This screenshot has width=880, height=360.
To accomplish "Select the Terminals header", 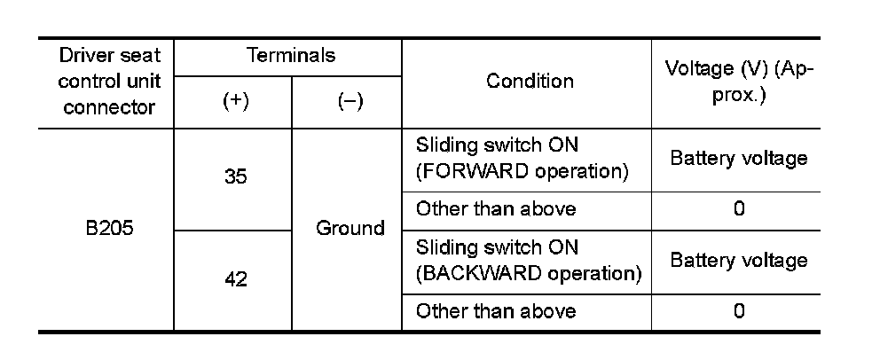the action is point(290,56).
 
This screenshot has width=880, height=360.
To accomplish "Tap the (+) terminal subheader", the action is point(234,102).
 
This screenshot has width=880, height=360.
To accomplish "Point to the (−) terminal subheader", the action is point(350,102).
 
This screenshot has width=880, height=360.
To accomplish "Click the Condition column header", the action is point(530,81).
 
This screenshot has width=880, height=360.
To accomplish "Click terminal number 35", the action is point(235,176).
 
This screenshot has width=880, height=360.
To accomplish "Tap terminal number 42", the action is point(235,280).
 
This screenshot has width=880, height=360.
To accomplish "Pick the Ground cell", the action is point(350,228).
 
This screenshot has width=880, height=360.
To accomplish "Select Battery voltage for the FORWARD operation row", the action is point(738,159).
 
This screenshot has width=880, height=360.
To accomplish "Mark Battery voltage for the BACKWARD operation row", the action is point(738,261).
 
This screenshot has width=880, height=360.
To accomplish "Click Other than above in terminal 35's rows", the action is point(496,209).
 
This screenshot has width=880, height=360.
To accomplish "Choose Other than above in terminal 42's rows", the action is point(496,311).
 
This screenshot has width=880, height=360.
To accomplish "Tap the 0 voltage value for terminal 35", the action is point(739,209).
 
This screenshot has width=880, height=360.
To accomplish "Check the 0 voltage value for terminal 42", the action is point(739,311).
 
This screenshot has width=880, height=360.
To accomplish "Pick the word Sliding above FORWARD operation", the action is point(444,145).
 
